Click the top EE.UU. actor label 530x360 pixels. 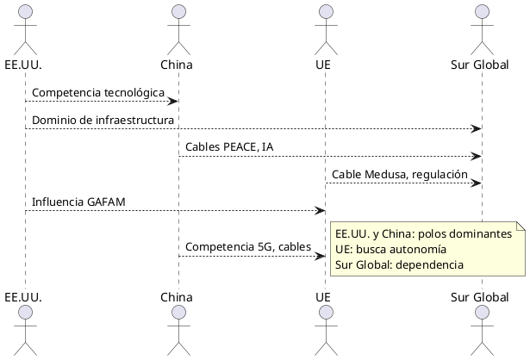pyautogui.click(x=25, y=65)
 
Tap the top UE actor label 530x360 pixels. pyautogui.click(x=325, y=65)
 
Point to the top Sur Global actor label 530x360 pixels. pyautogui.click(x=480, y=65)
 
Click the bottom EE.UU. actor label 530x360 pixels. pyautogui.click(x=25, y=296)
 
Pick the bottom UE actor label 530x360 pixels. pyautogui.click(x=325, y=296)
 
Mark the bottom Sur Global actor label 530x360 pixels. pyautogui.click(x=480, y=296)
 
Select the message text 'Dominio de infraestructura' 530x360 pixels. pyautogui.click(x=103, y=119)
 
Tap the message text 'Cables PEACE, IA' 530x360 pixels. pyautogui.click(x=229, y=147)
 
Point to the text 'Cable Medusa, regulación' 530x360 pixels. pyautogui.click(x=400, y=174)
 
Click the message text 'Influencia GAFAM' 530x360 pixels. pyautogui.click(x=78, y=202)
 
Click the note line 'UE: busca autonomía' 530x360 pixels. pyautogui.click(x=390, y=249)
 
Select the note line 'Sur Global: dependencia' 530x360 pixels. pyautogui.click(x=399, y=264)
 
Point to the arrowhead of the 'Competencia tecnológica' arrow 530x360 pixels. pyautogui.click(x=173, y=101)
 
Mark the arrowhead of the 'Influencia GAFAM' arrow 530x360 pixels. pyautogui.click(x=320, y=210)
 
